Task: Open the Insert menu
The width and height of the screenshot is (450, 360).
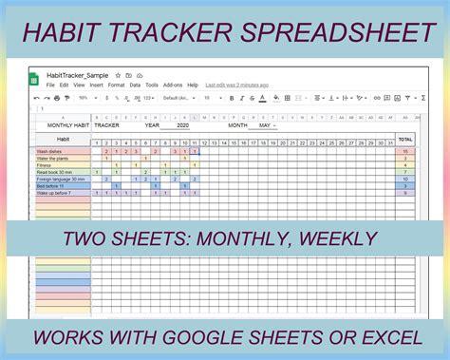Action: pos(97,85)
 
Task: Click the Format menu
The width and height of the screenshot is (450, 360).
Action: pos(118,85)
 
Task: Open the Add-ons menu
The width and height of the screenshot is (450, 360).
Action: pos(173,85)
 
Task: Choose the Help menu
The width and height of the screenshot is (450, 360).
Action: pos(193,85)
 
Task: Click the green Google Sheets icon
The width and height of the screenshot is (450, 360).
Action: pos(40,79)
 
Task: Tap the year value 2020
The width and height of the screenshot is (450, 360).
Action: pos(182,124)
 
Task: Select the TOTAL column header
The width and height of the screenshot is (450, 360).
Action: pos(405,139)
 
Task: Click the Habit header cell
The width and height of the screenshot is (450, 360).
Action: pos(63,139)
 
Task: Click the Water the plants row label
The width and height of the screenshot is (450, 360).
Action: pos(55,159)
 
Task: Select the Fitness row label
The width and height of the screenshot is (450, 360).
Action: pos(47,165)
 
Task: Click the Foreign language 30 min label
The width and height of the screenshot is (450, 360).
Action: pos(61,179)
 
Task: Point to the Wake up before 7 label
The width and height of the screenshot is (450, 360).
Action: pos(57,192)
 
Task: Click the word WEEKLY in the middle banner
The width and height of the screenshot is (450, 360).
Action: pos(333,238)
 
